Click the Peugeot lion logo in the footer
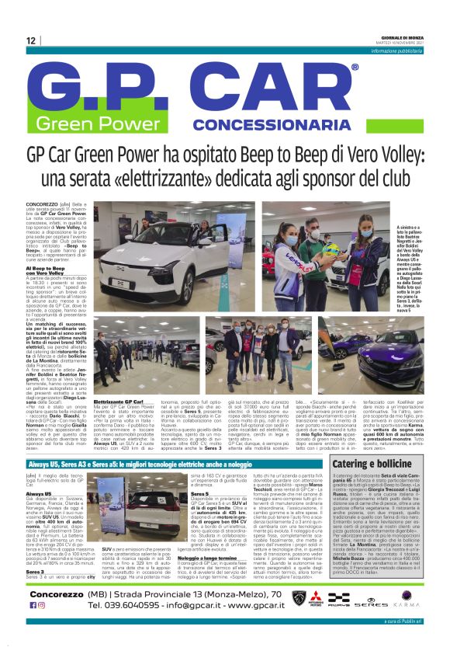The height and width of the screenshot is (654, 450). pos(299,598)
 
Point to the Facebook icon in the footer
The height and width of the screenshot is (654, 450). pos(33,604)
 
